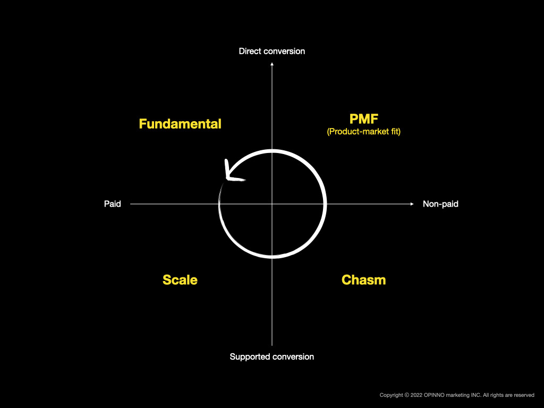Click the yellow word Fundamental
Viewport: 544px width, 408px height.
point(180,124)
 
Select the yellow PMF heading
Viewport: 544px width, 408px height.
point(363,119)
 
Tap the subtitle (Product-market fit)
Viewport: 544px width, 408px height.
point(363,132)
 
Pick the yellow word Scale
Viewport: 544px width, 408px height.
point(180,280)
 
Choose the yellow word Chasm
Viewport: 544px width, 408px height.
point(363,280)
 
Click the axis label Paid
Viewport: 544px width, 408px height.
point(113,203)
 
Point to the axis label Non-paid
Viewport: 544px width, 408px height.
point(440,203)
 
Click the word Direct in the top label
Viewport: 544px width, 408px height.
point(250,52)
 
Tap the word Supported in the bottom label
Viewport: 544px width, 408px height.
point(250,357)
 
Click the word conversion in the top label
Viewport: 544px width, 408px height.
point(284,52)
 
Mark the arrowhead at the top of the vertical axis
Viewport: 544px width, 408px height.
point(272,64)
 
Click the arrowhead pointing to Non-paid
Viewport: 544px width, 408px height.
point(412,204)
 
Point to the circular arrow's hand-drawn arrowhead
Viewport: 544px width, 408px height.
point(231,173)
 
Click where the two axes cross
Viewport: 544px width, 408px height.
point(272,204)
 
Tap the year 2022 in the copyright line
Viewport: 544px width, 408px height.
point(416,395)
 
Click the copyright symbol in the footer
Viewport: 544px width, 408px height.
point(406,395)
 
